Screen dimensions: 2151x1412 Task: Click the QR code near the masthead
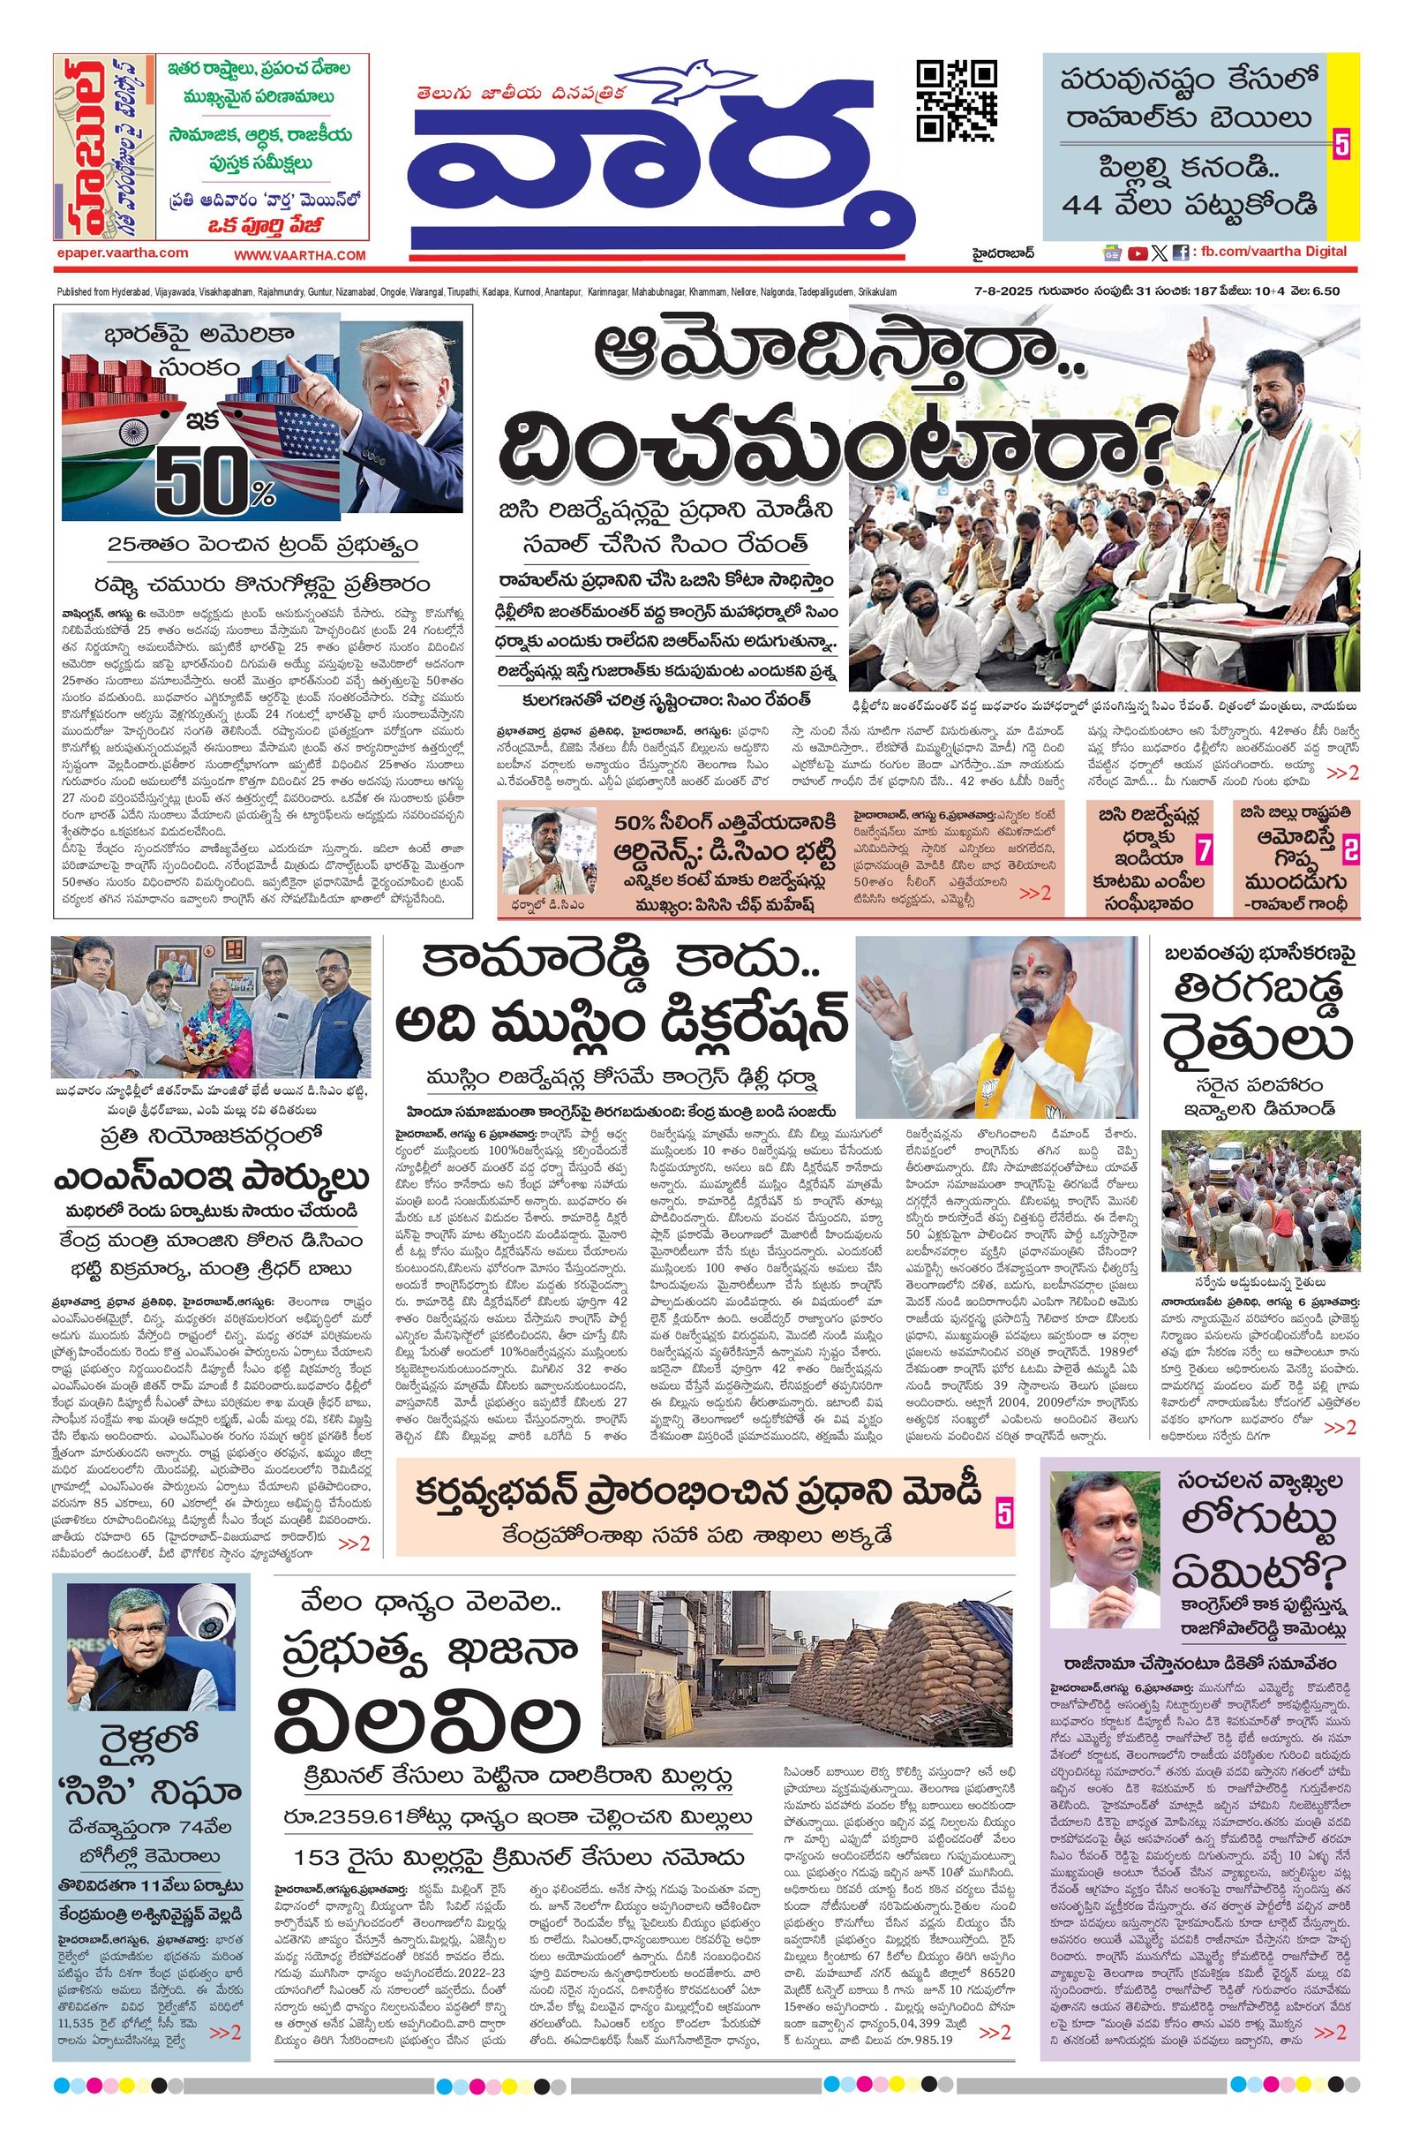957,101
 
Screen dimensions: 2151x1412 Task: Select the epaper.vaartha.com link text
120,254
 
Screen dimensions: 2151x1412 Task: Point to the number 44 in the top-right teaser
1091,204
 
